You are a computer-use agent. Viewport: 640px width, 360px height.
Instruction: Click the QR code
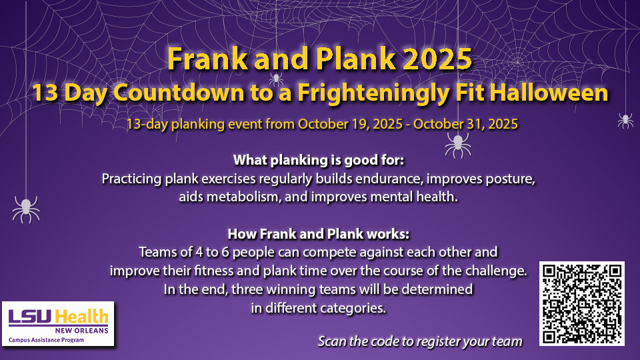(581, 303)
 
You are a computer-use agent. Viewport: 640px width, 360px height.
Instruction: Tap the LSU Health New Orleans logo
(58, 324)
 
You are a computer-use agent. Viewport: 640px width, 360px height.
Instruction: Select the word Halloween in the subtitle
(549, 93)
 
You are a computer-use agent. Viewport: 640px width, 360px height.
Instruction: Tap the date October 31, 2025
(466, 124)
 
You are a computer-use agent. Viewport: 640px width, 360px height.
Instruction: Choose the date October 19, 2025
(350, 124)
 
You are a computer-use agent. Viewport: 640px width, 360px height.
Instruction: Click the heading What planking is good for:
(319, 160)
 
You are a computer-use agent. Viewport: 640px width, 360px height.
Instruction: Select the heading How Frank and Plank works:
(319, 234)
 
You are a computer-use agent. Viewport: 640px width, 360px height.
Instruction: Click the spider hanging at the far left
(26, 209)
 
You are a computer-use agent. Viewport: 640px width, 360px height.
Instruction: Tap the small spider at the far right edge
(625, 121)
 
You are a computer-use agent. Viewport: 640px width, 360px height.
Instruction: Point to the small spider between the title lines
(276, 79)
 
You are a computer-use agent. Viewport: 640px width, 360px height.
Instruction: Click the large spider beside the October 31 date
(458, 145)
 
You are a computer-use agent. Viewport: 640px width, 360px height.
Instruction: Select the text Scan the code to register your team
(420, 341)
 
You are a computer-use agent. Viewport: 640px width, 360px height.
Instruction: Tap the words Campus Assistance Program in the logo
(46, 340)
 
